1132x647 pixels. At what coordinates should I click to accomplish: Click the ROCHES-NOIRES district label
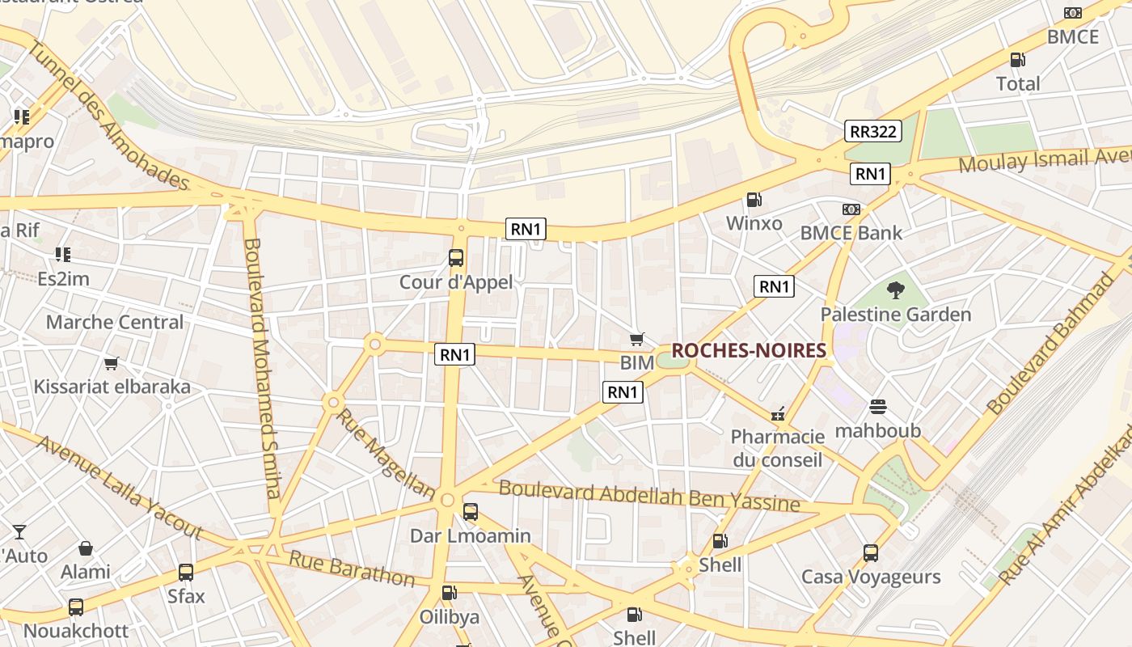tap(749, 350)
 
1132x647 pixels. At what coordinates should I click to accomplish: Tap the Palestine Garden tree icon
tap(895, 290)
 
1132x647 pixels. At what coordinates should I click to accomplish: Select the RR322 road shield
tap(873, 131)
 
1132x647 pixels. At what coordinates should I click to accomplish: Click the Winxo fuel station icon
tap(754, 199)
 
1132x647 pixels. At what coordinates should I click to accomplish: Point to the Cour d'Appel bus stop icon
tap(456, 258)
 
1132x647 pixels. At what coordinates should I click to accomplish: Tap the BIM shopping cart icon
tap(637, 340)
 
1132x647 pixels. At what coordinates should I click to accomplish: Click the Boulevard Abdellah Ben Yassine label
tap(648, 495)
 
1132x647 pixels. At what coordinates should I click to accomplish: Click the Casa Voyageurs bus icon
tap(871, 553)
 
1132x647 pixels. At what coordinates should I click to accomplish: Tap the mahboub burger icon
tap(878, 407)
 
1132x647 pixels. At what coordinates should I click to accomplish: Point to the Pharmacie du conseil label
tap(777, 448)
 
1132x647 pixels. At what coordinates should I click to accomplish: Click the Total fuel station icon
tap(1017, 60)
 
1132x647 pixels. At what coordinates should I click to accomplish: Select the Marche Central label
tap(115, 322)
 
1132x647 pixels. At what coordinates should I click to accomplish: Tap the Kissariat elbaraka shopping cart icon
tap(112, 363)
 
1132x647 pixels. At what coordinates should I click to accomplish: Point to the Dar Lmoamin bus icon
tap(470, 512)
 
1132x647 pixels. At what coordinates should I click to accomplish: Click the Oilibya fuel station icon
tap(449, 594)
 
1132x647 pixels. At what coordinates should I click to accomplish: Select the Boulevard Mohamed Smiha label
tap(264, 368)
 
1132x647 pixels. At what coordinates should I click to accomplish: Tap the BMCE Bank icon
tap(850, 209)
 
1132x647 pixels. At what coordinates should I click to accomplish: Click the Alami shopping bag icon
tap(86, 548)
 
